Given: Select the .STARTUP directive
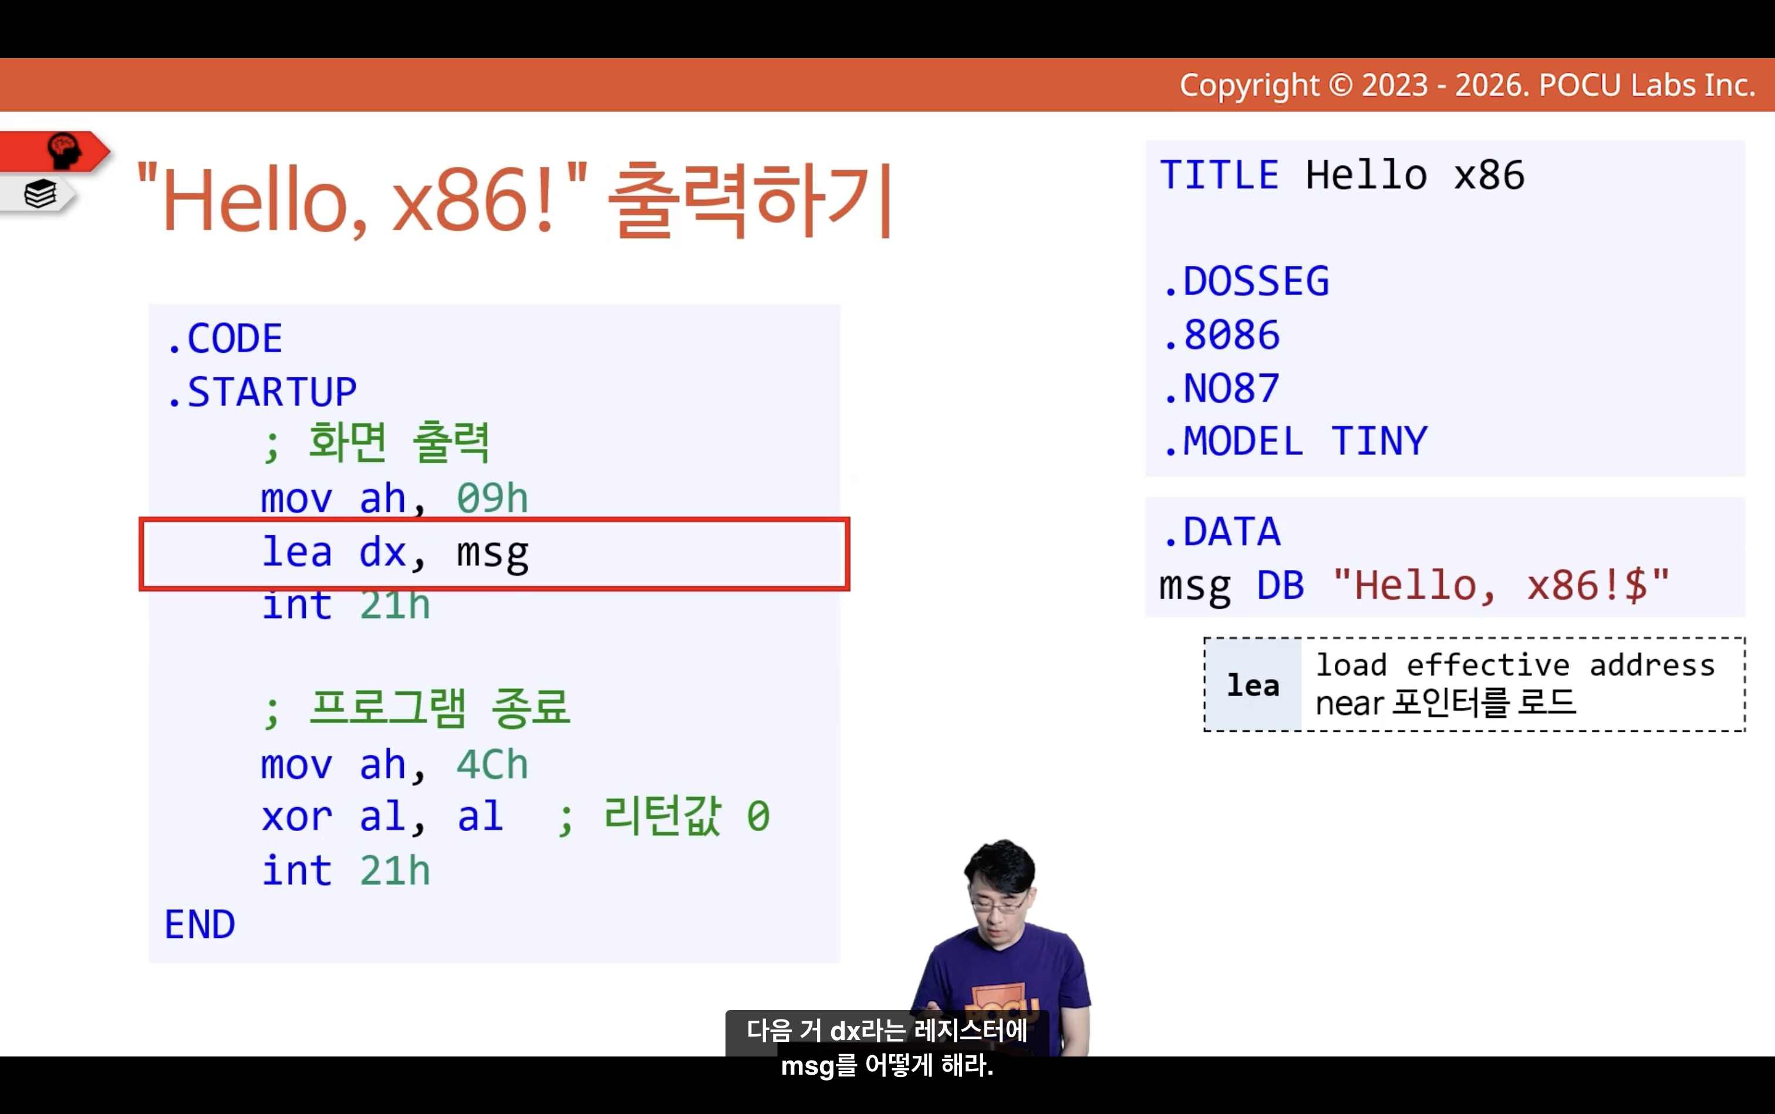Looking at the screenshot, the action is pos(262,392).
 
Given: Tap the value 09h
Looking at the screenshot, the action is pos(492,498).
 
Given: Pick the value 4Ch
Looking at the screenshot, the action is pos(492,764).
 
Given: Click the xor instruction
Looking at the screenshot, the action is pos(297,817).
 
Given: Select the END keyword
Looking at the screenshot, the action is pos(200,924).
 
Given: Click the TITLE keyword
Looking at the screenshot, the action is pos(1220,175).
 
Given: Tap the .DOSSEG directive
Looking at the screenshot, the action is pos(1246,282).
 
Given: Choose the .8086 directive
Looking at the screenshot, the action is pos(1221,335).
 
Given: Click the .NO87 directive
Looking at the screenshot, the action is pos(1221,389).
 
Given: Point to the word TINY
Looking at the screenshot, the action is pos(1379,441).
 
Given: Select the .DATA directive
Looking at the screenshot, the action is pos(1221,532).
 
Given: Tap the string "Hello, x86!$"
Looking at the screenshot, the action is pos(1501,586).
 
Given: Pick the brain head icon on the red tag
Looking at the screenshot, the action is pos(64,150).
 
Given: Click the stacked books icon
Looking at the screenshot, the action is pos(40,194).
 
